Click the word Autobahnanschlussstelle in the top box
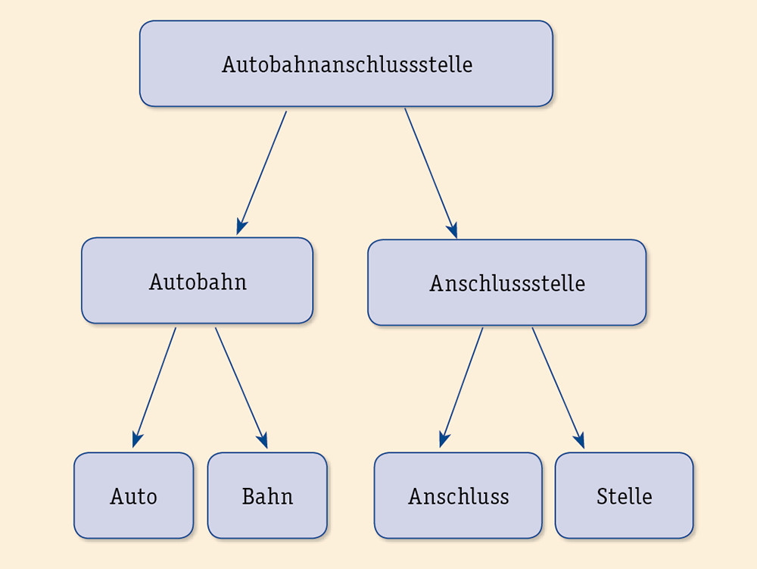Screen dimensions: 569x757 pos(347,64)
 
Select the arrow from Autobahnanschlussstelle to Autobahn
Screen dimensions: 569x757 pos(262,172)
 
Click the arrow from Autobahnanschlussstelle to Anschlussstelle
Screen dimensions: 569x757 pos(430,172)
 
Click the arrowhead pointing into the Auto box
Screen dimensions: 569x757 pos(136,439)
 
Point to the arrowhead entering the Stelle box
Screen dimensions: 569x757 pos(579,440)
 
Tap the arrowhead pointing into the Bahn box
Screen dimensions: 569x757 pos(263,440)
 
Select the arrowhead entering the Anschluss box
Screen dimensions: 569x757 pos(444,439)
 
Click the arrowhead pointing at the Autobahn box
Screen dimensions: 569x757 pos(241,227)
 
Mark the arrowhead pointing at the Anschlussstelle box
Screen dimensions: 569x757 pos(453,230)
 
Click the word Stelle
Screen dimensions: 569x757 pos(624,496)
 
